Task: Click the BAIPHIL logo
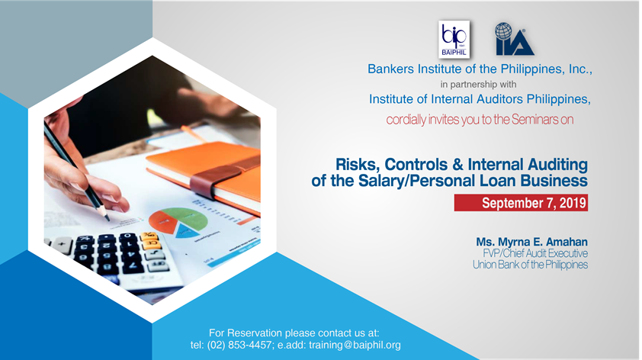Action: click(454, 40)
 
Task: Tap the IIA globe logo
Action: click(514, 39)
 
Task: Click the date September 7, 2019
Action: click(534, 203)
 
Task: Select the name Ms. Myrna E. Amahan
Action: click(531, 242)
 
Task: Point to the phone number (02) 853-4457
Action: click(239, 345)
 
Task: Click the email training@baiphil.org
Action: click(355, 346)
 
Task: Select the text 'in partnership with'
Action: click(478, 85)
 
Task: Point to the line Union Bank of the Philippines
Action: click(530, 265)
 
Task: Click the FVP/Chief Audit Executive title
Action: click(535, 253)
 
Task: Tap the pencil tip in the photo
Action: click(108, 218)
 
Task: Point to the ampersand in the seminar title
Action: click(457, 165)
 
